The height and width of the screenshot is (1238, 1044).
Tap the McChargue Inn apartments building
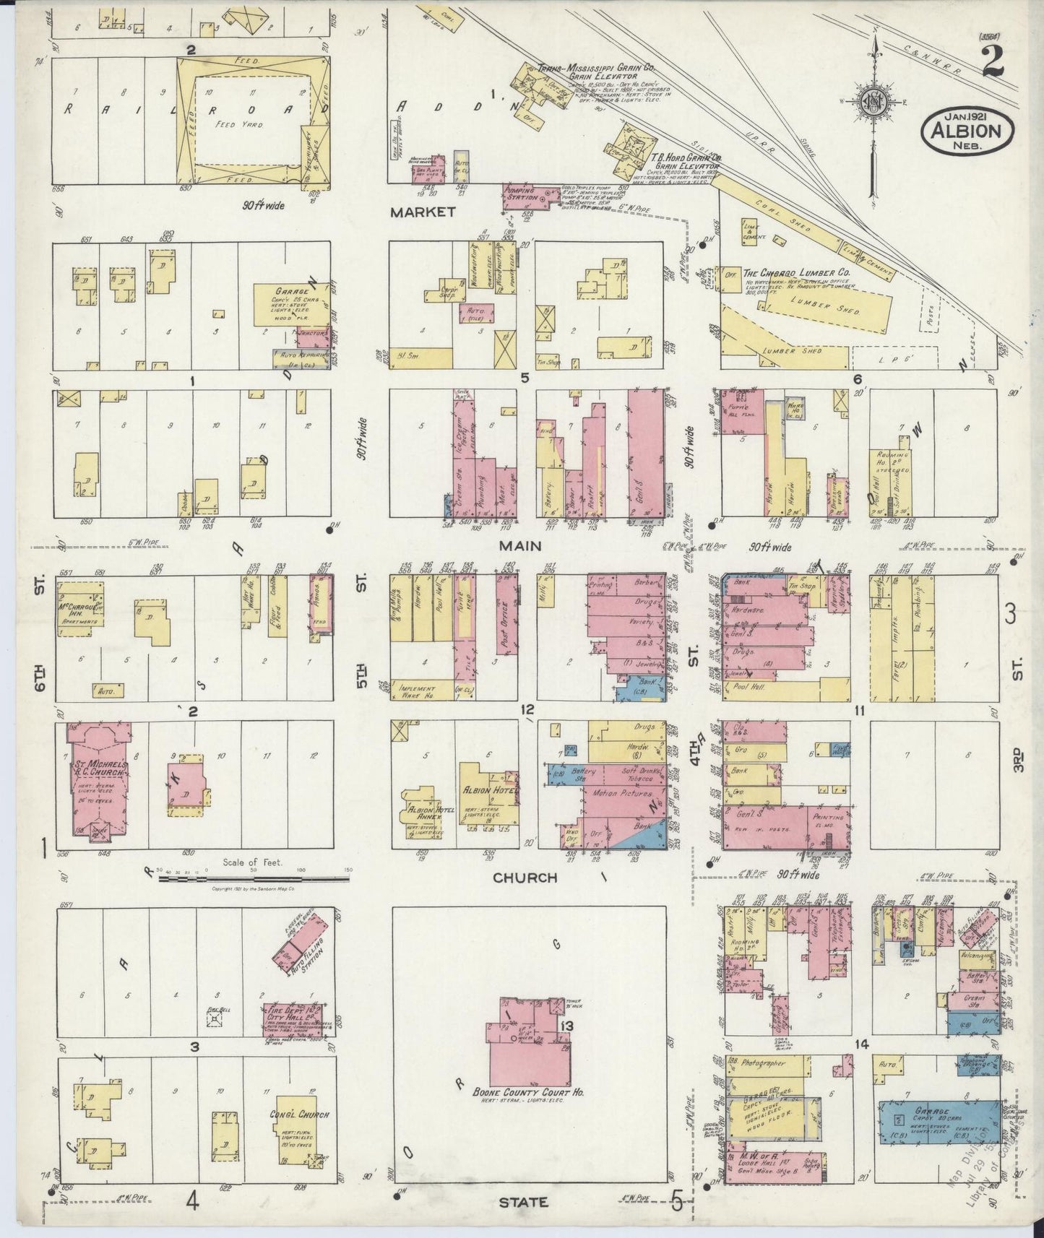(x=79, y=607)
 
